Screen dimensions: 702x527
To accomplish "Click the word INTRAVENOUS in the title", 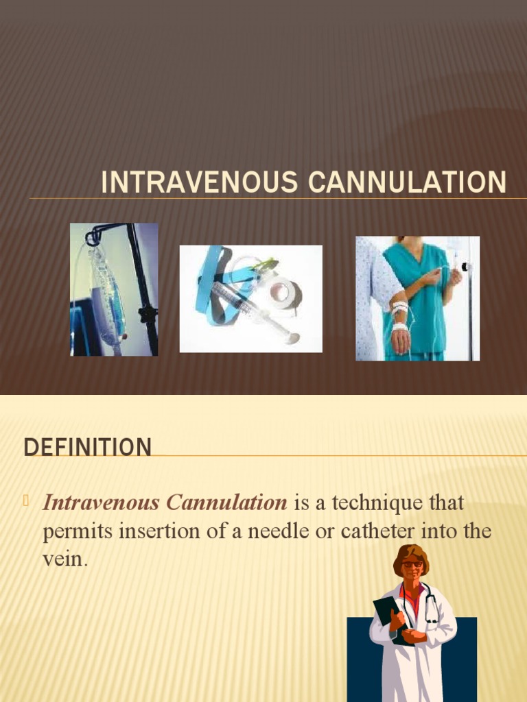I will [198, 183].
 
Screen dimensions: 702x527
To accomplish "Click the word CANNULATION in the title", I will [408, 183].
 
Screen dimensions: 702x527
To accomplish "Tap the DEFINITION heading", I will [87, 448].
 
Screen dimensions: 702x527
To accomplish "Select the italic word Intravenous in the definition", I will [101, 503].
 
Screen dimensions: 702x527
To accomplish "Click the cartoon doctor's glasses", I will [412, 564].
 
